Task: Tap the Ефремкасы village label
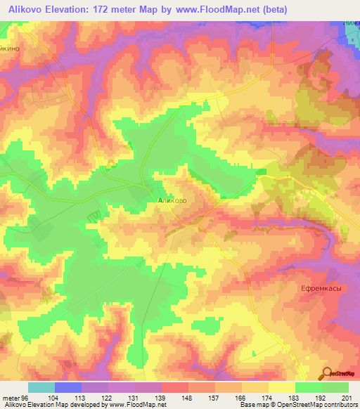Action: tap(311, 288)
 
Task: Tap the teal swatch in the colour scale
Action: tap(41, 387)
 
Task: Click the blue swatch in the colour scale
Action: tap(67, 387)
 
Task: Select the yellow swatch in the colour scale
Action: tap(281, 387)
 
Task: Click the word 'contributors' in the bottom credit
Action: tap(337, 405)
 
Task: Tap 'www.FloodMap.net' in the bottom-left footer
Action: tap(138, 405)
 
